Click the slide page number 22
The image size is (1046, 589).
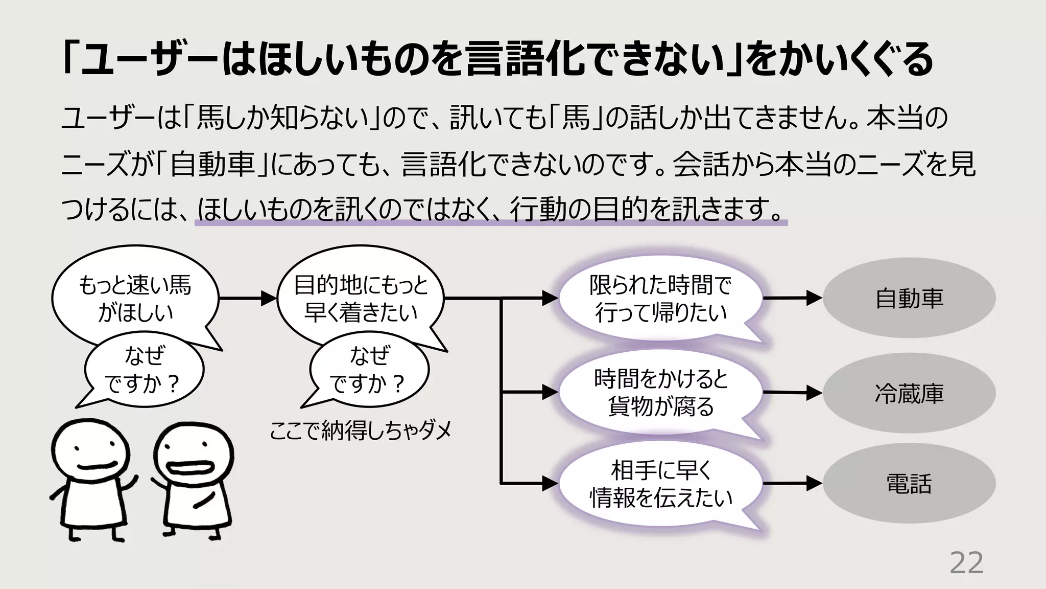pos(966,563)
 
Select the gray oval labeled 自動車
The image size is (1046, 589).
pos(909,298)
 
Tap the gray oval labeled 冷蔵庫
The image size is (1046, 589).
pos(909,393)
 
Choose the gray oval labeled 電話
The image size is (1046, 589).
pos(909,483)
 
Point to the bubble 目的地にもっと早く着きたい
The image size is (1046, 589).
pos(361,298)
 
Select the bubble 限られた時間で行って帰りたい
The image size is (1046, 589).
pos(660,299)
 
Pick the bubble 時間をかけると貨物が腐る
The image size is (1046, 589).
pos(660,393)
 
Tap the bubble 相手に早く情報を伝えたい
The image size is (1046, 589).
pos(660,484)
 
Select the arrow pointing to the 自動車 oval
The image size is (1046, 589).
pos(792,298)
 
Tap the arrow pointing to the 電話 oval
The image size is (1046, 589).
pos(792,483)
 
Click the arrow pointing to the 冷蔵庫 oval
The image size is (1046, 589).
pos(792,393)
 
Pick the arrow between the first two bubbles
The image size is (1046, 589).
pos(248,298)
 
